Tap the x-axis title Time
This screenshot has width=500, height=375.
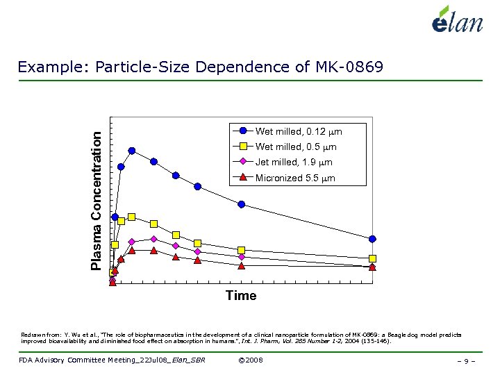[x=241, y=296]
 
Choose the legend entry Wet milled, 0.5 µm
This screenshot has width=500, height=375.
[x=296, y=147]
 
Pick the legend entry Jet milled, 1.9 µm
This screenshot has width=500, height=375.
[x=294, y=162]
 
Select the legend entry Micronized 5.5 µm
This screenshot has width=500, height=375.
[x=295, y=178]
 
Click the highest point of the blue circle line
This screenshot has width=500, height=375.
[x=131, y=151]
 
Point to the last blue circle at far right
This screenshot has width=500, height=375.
[x=373, y=239]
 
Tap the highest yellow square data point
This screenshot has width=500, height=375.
[x=131, y=217]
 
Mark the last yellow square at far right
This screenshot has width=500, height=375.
[x=373, y=259]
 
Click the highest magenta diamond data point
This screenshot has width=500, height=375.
[x=153, y=239]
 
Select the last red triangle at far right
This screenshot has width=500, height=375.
[x=373, y=267]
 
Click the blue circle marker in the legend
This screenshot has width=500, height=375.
[x=243, y=131]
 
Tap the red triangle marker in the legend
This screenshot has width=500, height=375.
[x=243, y=178]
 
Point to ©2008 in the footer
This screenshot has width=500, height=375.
[x=250, y=360]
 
